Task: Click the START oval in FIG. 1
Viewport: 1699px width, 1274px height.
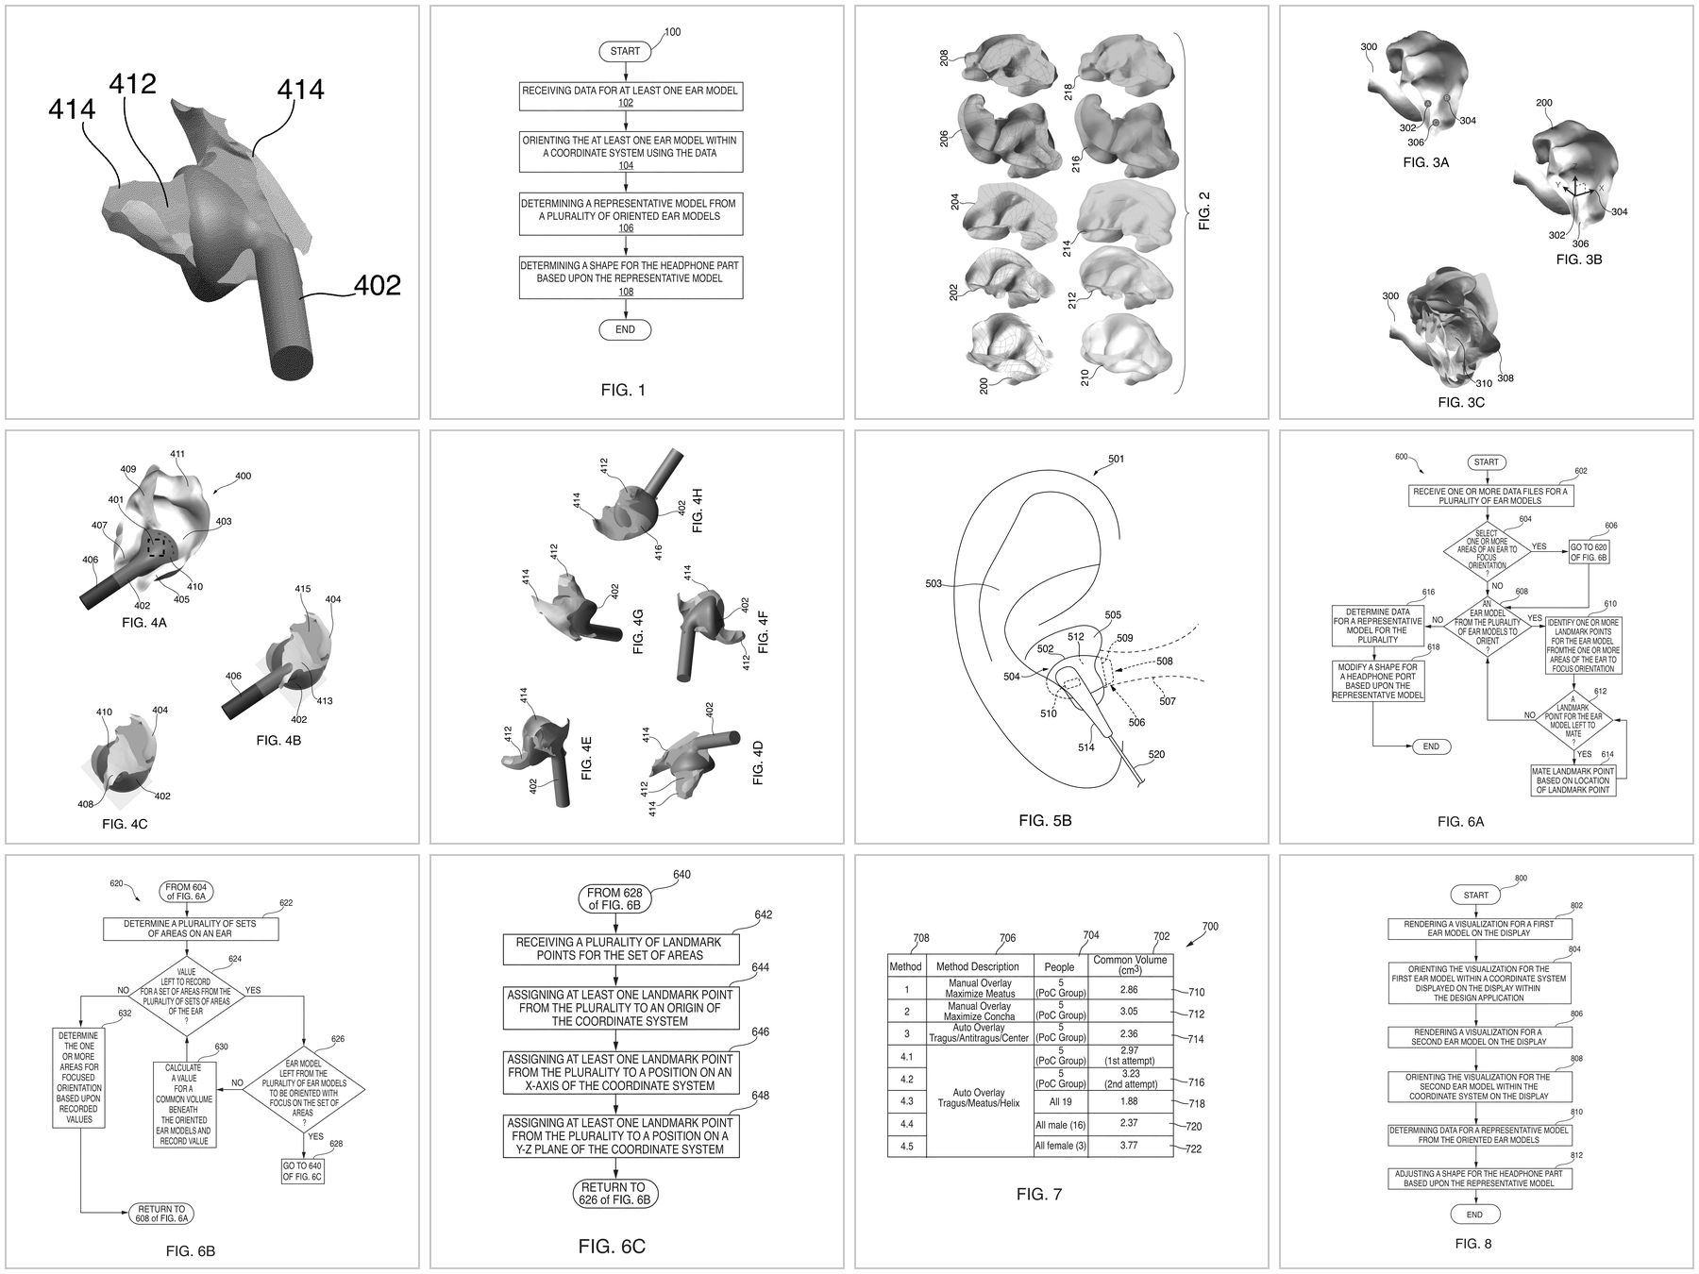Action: (x=624, y=51)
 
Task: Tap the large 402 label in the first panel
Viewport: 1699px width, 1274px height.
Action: (x=377, y=285)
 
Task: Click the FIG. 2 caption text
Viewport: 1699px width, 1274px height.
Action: (x=1203, y=210)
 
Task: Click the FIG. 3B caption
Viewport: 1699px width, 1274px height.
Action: (x=1578, y=259)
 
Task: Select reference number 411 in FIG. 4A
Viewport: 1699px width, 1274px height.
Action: (x=177, y=454)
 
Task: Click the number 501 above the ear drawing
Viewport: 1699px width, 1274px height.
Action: (x=1116, y=460)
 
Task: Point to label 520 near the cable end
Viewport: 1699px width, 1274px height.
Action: (x=1157, y=755)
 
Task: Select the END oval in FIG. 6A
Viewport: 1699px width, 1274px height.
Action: (x=1431, y=746)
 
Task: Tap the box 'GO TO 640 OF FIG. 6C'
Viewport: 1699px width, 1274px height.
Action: (x=302, y=1170)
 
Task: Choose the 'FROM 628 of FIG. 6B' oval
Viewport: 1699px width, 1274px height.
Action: (x=617, y=898)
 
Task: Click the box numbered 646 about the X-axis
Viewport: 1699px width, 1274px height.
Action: (x=619, y=1072)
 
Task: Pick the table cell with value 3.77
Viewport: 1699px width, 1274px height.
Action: (x=1129, y=1147)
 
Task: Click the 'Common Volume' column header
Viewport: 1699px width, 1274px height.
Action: (x=1129, y=965)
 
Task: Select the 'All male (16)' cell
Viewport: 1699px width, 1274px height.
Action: (x=1060, y=1125)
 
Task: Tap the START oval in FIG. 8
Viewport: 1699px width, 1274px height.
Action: (x=1475, y=895)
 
